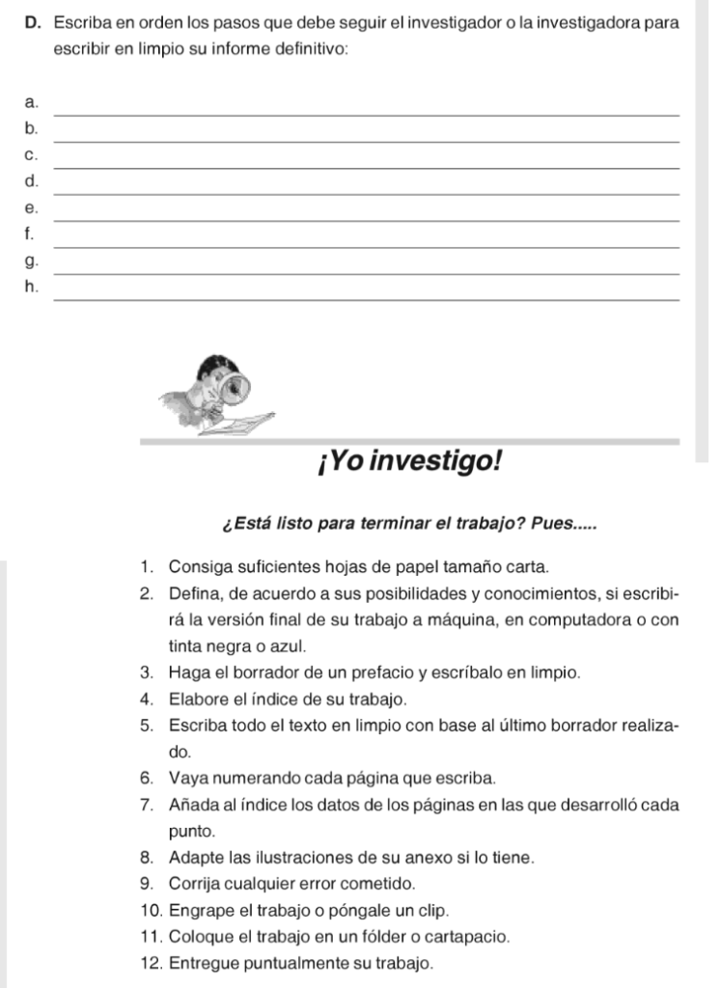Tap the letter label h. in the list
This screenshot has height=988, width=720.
[x=34, y=286]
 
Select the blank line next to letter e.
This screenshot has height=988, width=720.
[x=367, y=221]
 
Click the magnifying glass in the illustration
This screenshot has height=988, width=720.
[x=235, y=388]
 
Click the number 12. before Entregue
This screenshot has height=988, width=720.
[x=150, y=962]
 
